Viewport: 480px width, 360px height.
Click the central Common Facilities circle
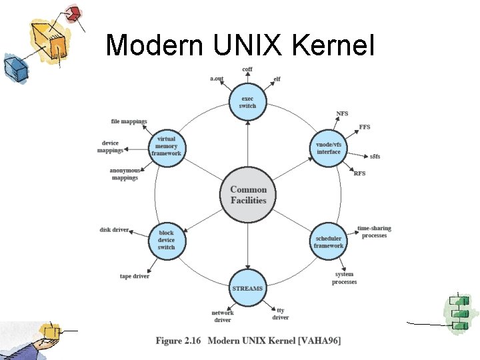click(x=248, y=195)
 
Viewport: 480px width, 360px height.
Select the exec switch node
click(x=248, y=102)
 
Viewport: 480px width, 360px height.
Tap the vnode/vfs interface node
click(x=328, y=148)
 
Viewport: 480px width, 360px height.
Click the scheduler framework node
click(x=328, y=241)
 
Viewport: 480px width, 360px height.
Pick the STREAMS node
click(x=247, y=289)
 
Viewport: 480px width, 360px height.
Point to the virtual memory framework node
click(x=167, y=147)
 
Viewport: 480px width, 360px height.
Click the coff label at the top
click(x=247, y=70)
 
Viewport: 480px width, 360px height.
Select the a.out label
click(x=217, y=79)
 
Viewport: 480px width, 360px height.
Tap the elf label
click(x=277, y=79)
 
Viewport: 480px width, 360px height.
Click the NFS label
click(x=342, y=113)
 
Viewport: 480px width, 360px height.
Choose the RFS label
click(x=359, y=173)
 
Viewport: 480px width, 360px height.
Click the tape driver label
click(x=135, y=276)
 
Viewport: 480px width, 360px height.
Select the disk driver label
click(x=114, y=230)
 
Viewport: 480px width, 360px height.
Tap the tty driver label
click(x=281, y=313)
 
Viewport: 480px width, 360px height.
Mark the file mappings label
click(x=129, y=121)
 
